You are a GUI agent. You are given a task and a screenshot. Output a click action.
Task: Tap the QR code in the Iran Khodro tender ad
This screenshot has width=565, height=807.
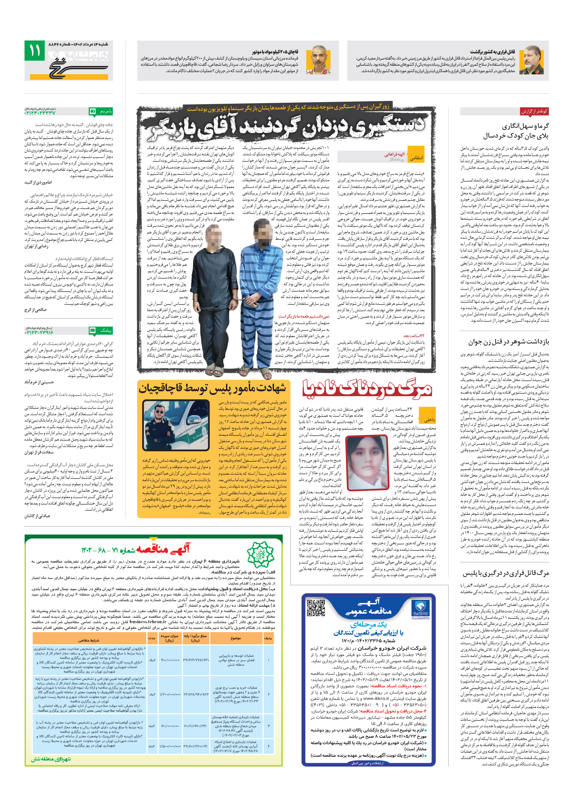click(315, 608)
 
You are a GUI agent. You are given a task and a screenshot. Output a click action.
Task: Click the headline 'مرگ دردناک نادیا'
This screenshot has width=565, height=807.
click(368, 389)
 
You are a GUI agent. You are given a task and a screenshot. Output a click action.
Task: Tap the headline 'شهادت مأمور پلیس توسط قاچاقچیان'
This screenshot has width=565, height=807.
click(212, 388)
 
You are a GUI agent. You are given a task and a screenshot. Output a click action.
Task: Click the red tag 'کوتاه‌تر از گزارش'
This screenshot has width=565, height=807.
click(534, 111)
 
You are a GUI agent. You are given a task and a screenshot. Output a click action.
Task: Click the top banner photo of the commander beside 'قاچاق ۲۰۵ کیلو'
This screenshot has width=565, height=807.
click(321, 60)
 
